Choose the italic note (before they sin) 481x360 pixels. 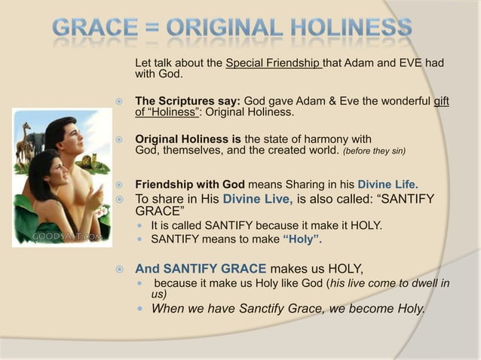[375, 151]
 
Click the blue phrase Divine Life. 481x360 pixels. [388, 184]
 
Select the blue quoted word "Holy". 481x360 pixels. [302, 240]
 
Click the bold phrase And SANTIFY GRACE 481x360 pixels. [201, 268]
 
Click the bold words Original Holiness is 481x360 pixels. [188, 139]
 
